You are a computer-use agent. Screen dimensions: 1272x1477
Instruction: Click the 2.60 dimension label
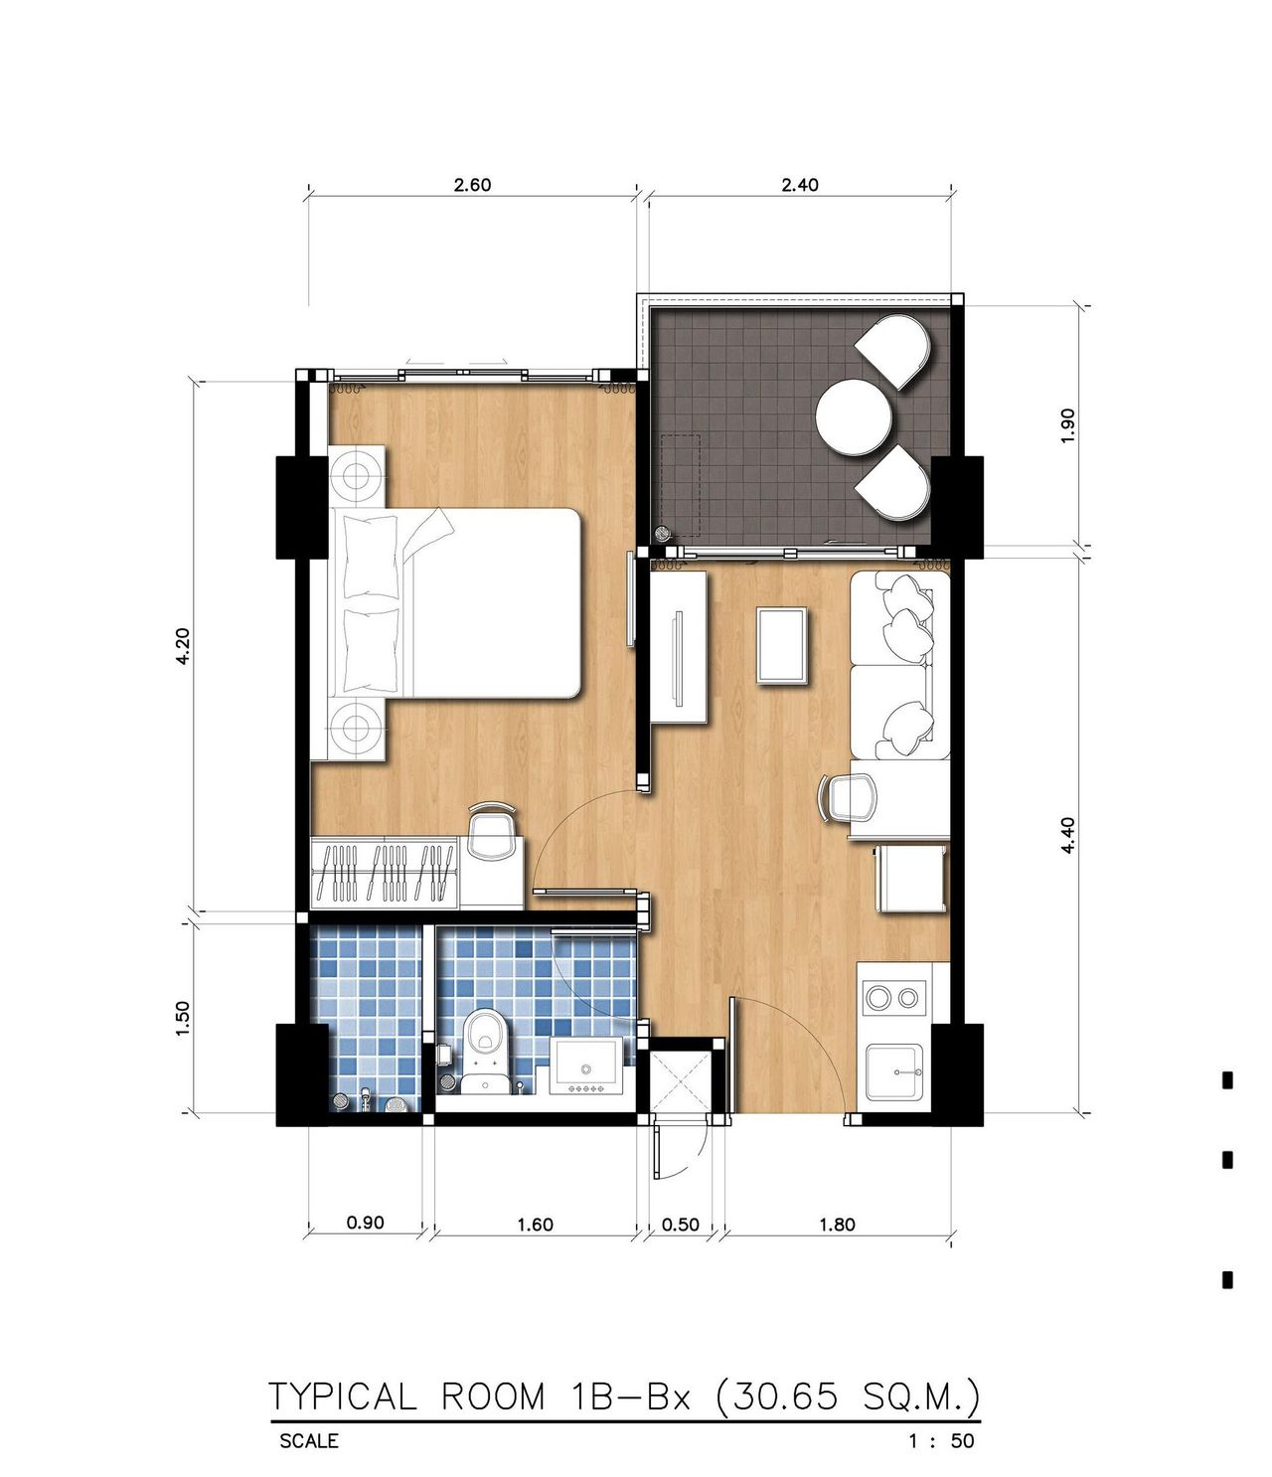[472, 185]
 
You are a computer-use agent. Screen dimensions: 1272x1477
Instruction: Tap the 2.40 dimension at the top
[800, 185]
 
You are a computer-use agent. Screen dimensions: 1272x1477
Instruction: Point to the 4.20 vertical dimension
[184, 646]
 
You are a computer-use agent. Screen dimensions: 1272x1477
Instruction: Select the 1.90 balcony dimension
[1067, 425]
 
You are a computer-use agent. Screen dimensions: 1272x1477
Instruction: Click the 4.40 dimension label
[1067, 835]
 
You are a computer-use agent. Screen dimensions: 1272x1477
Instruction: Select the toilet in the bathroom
[485, 1052]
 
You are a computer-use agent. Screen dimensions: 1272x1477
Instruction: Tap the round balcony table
[854, 415]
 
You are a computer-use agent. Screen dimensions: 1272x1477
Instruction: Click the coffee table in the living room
[782, 645]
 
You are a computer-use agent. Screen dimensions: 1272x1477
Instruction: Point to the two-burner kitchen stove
[894, 998]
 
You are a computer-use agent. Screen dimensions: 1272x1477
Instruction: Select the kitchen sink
[893, 1071]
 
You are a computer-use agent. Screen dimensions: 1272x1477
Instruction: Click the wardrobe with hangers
[385, 873]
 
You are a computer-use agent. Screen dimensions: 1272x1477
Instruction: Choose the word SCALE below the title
[309, 1440]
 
